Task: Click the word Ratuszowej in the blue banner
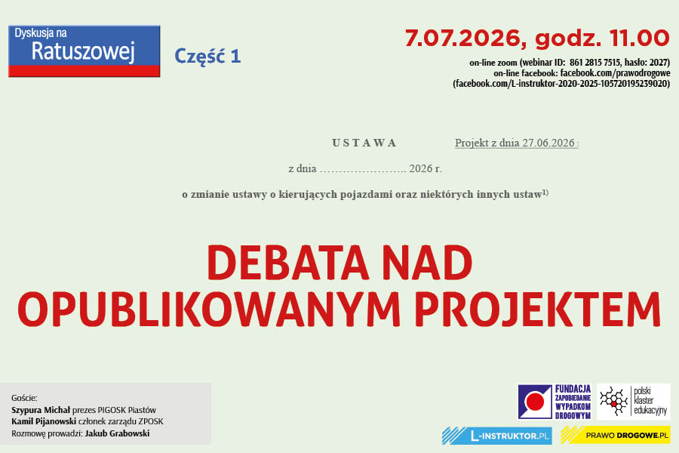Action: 83,52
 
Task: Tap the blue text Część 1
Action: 207,57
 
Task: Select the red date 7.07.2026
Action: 462,39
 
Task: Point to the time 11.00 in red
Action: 639,39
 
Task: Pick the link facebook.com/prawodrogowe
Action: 615,72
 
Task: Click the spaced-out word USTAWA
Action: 364,143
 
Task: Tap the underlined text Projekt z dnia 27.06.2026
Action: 515,143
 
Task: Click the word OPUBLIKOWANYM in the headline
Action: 209,310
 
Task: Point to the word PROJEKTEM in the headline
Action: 538,310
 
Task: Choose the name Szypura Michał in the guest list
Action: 41,410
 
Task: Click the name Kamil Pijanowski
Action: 44,421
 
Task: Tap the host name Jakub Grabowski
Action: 118,433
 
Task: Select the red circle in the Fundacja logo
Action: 535,402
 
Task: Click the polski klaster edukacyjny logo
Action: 634,402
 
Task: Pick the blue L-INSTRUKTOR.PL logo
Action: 497,436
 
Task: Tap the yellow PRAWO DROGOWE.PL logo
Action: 616,435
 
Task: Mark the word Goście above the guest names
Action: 24,398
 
